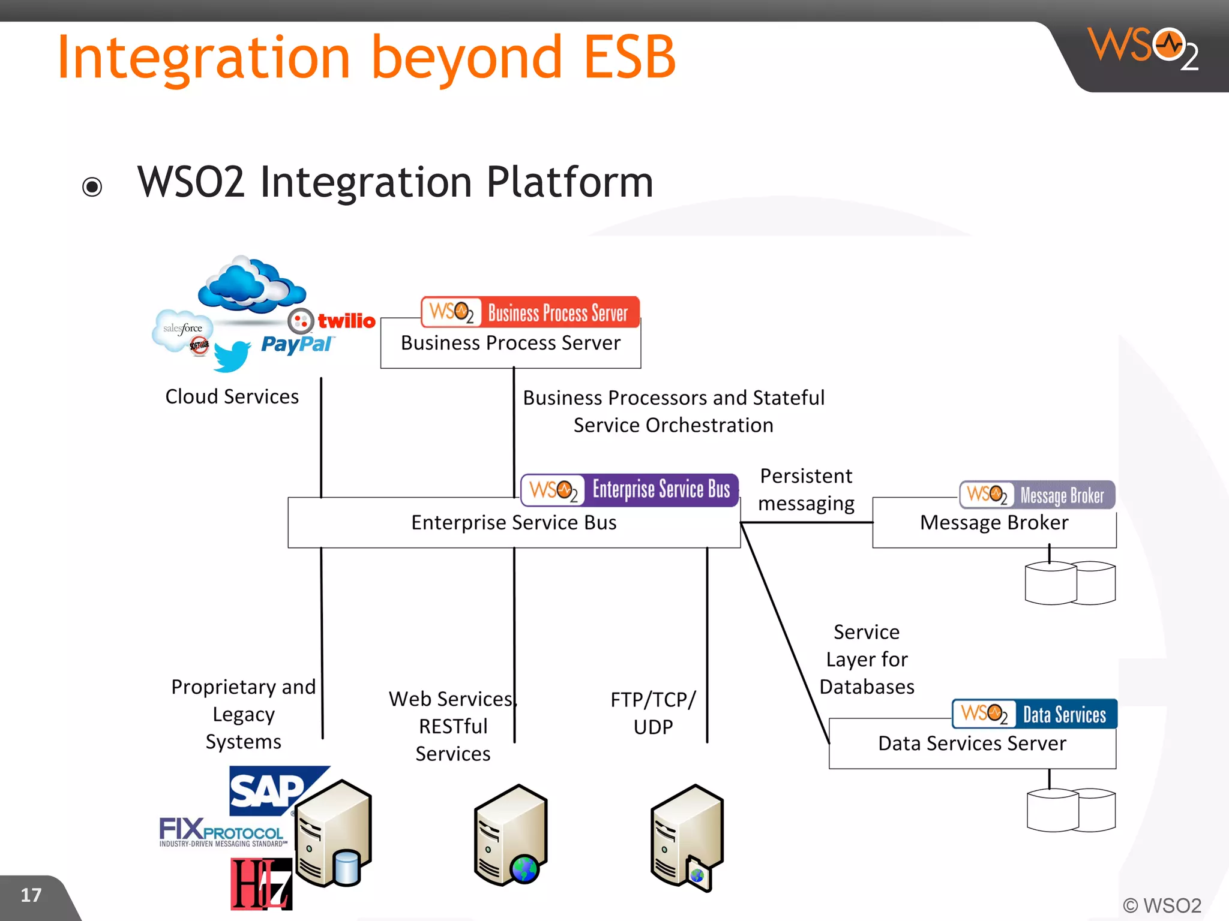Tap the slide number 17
(31, 895)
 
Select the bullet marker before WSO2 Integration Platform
(92, 186)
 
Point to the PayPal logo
(296, 344)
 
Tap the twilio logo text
(346, 321)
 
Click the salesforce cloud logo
(182, 329)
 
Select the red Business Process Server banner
(530, 312)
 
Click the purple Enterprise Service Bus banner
(630, 490)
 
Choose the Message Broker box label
(994, 522)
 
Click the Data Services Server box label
(972, 743)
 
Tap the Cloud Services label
(232, 396)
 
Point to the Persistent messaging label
(805, 489)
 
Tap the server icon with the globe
(511, 835)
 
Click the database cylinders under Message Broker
(1070, 582)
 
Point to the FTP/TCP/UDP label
(653, 713)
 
